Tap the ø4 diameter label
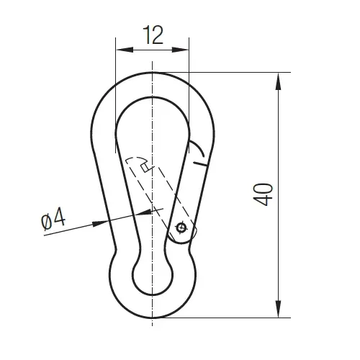coord(53,220)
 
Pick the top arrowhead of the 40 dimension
coord(279,78)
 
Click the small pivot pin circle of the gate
coord(181,230)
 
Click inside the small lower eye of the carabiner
coord(153,274)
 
